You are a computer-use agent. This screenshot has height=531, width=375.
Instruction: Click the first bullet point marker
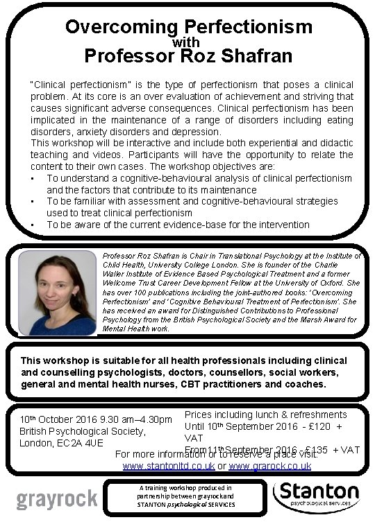[x=33, y=179]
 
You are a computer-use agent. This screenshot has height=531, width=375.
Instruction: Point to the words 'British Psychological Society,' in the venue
[x=83, y=431]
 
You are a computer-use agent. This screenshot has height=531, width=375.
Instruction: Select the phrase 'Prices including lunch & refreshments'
[x=266, y=415]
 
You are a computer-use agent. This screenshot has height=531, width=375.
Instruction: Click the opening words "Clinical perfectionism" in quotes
[x=81, y=85]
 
